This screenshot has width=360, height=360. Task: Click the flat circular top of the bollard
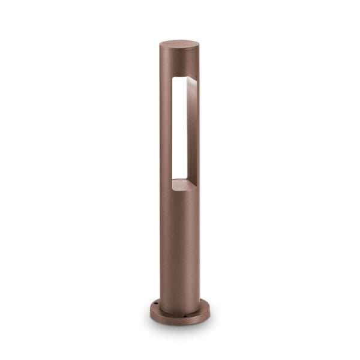179,44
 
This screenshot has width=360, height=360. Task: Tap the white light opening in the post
178,126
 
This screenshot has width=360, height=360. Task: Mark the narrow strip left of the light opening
166,126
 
